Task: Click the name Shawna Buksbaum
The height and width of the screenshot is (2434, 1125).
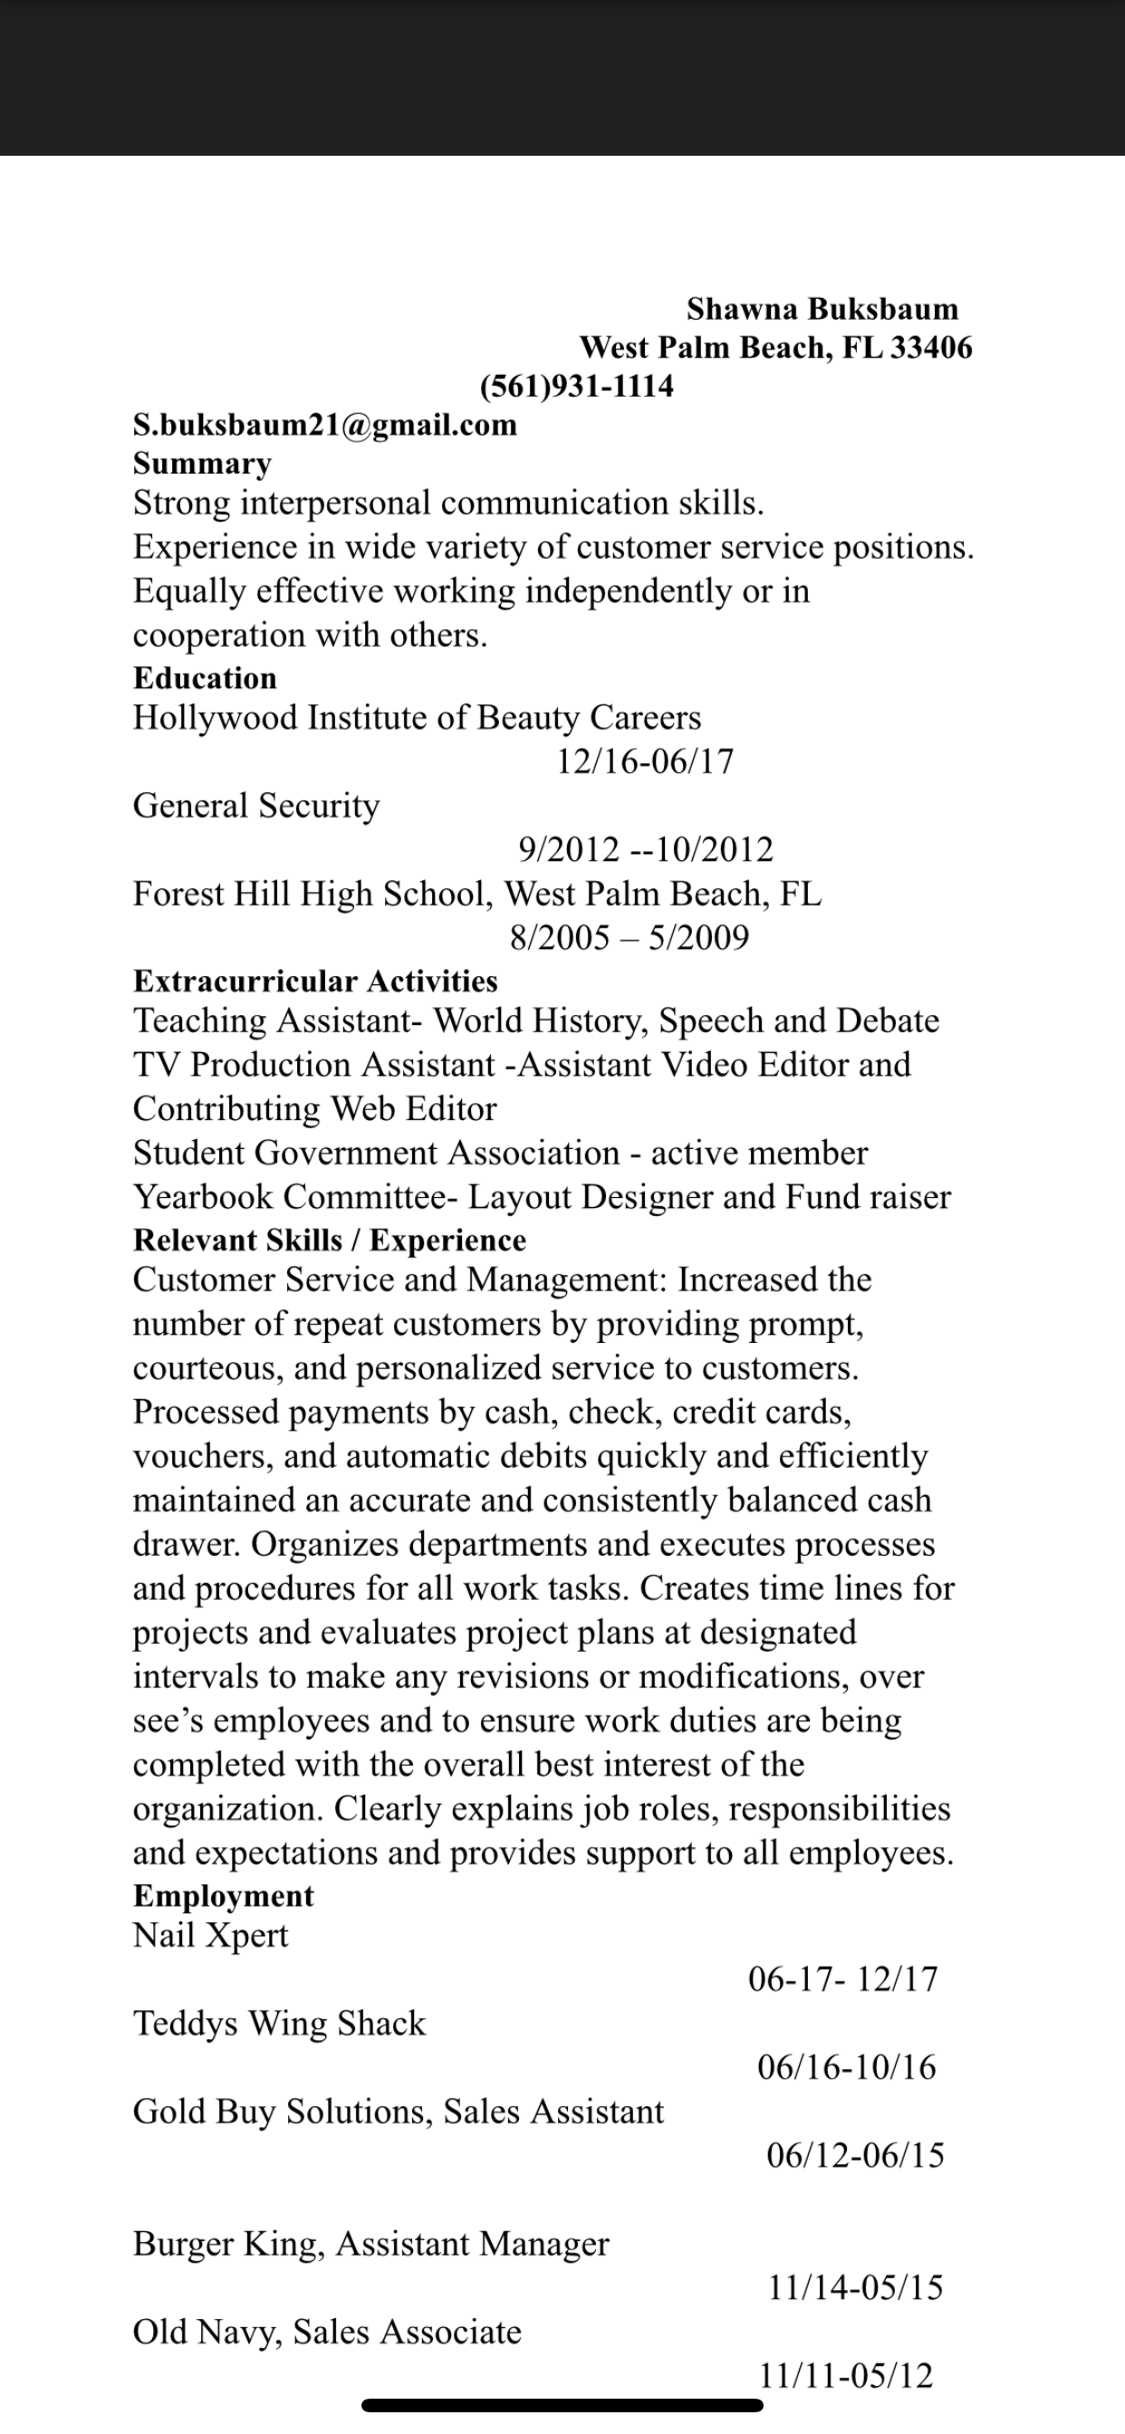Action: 822,309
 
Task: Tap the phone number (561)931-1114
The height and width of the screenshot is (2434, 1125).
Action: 577,387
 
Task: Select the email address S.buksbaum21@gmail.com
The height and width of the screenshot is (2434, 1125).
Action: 324,426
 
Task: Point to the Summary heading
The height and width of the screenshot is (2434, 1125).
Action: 201,464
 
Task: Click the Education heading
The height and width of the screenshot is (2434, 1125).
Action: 204,678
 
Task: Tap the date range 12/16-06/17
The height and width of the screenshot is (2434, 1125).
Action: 645,762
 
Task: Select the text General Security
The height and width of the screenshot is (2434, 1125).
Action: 255,806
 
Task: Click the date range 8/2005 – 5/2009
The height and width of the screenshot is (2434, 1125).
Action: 629,937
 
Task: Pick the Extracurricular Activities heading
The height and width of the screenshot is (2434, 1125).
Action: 315,982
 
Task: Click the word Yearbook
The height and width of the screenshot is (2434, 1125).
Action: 203,1197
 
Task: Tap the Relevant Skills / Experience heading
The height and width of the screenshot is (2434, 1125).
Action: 329,1241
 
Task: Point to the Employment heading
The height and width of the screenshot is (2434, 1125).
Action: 223,1896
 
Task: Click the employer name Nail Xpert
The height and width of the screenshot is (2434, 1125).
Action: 210,1936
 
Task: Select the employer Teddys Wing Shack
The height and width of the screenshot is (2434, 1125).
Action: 279,2024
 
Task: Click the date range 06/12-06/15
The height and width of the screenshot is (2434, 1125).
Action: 855,2155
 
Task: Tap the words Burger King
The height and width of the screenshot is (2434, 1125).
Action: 228,2244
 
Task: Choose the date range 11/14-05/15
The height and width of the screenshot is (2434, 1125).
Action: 855,2287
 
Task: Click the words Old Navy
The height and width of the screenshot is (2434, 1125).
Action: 207,2332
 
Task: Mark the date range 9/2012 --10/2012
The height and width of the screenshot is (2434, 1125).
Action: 646,849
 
